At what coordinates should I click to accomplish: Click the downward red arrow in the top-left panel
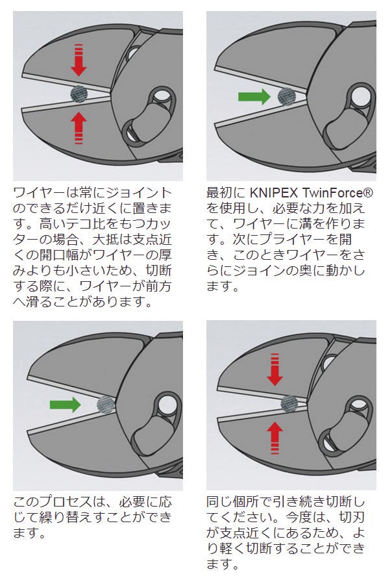(x=79, y=60)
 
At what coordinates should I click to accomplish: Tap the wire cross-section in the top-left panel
(x=79, y=94)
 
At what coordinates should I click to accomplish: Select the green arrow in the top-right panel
(x=254, y=97)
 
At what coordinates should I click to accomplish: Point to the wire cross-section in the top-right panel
(x=286, y=97)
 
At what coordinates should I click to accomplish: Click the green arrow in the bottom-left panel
(x=65, y=405)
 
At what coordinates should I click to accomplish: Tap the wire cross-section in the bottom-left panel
(x=105, y=405)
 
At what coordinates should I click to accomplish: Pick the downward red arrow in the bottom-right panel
(x=275, y=369)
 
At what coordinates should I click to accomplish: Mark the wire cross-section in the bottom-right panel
(x=288, y=404)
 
